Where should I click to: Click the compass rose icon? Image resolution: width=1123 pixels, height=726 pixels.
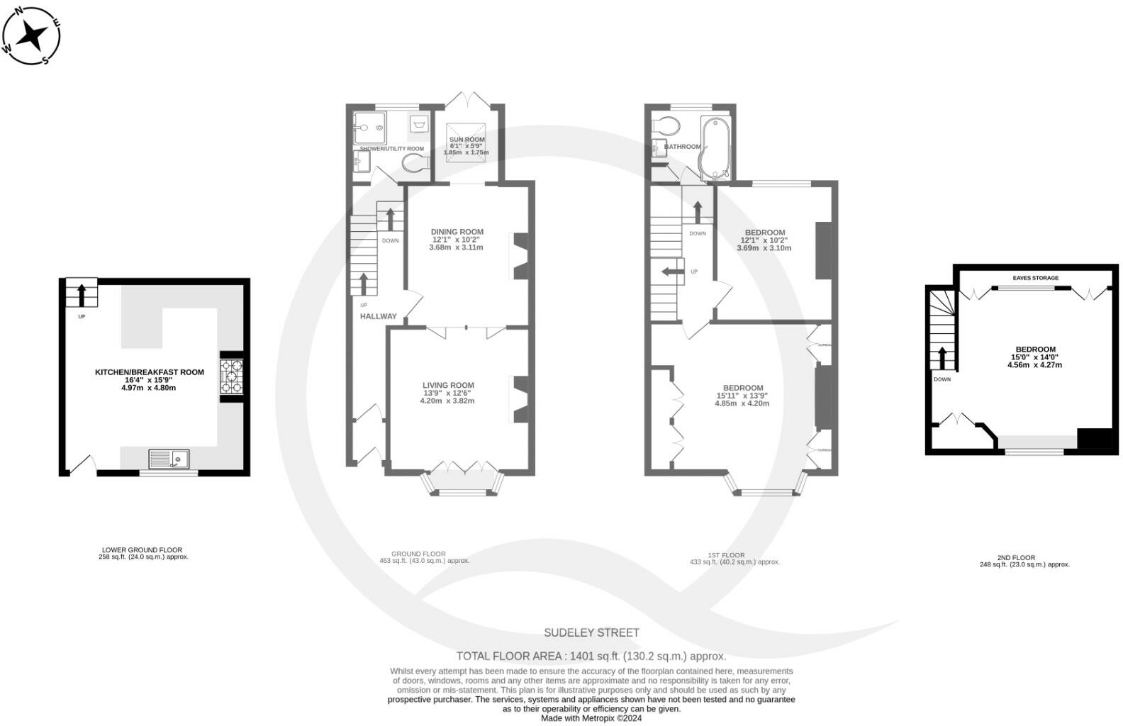pyautogui.click(x=32, y=35)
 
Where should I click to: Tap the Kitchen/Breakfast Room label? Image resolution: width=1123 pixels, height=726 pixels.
pyautogui.click(x=150, y=372)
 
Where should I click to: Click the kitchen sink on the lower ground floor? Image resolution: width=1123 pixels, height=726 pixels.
pyautogui.click(x=169, y=459)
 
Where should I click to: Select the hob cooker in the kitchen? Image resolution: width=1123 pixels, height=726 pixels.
pyautogui.click(x=231, y=376)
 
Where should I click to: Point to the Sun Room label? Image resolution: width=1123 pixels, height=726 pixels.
pyautogui.click(x=466, y=140)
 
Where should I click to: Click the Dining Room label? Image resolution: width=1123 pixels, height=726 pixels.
pyautogui.click(x=457, y=232)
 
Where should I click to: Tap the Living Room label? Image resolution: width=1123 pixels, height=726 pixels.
pyautogui.click(x=448, y=386)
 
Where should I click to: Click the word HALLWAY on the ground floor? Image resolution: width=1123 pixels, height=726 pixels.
pyautogui.click(x=379, y=316)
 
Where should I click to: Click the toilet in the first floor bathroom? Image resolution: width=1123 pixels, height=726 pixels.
pyautogui.click(x=665, y=126)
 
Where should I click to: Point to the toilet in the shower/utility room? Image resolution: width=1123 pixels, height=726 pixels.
pyautogui.click(x=415, y=164)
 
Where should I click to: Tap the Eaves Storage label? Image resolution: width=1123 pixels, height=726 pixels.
pyautogui.click(x=1035, y=278)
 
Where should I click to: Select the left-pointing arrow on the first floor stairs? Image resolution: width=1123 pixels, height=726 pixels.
pyautogui.click(x=670, y=272)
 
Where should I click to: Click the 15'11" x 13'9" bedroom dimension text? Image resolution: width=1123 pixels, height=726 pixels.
pyautogui.click(x=742, y=396)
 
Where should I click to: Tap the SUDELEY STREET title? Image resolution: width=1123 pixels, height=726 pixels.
pyautogui.click(x=591, y=632)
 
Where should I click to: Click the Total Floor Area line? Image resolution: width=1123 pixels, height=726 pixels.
pyautogui.click(x=591, y=656)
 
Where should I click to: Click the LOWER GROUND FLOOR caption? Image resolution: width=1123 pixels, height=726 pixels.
pyautogui.click(x=142, y=550)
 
